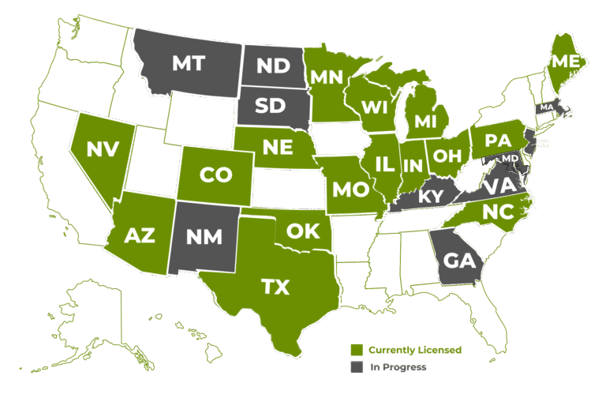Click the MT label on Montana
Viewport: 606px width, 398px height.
pyautogui.click(x=189, y=63)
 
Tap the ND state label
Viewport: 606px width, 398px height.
pyautogui.click(x=273, y=66)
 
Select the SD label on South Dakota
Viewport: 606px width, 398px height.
pyautogui.click(x=270, y=105)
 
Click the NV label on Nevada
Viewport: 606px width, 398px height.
pyautogui.click(x=103, y=148)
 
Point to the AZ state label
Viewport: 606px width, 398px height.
pyautogui.click(x=140, y=235)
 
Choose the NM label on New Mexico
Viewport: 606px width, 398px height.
pyautogui.click(x=204, y=236)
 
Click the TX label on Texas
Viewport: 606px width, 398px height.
pyautogui.click(x=275, y=287)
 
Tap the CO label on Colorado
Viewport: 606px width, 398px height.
pyautogui.click(x=215, y=176)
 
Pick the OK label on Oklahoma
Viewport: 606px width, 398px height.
pyautogui.click(x=302, y=231)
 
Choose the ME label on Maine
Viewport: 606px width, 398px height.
pyautogui.click(x=564, y=61)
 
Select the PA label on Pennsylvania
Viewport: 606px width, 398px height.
pyautogui.click(x=498, y=141)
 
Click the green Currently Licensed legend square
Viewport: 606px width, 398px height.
pyautogui.click(x=357, y=350)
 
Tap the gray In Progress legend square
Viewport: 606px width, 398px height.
pyautogui.click(x=357, y=367)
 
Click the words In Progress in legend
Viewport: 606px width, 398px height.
pyautogui.click(x=399, y=367)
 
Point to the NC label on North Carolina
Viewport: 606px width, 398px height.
pyautogui.click(x=496, y=211)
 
